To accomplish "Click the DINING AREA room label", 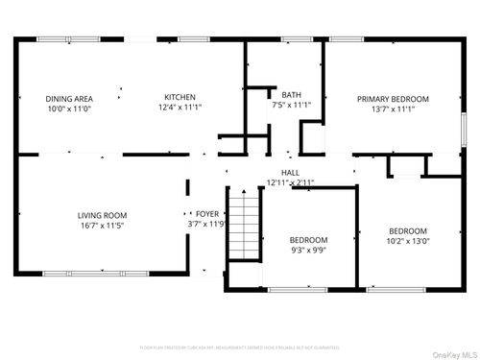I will tap(69, 98).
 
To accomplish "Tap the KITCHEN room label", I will tap(180, 97).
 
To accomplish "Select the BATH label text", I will tap(291, 93).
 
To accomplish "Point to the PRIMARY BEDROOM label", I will tap(393, 99).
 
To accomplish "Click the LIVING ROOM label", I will tap(103, 215).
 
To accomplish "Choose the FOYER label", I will tap(207, 214).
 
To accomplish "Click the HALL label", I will tap(291, 172).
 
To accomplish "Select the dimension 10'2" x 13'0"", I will tap(408, 242).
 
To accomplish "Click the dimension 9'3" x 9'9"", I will tap(309, 251).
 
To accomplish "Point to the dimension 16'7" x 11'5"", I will tap(103, 227).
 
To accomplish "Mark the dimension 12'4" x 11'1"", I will tap(180, 108).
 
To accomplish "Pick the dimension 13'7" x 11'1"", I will tap(393, 109).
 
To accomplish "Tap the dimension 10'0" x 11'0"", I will tap(69, 108).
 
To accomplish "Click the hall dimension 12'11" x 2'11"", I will tap(291, 182).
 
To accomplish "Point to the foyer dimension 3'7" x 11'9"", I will tap(207, 225).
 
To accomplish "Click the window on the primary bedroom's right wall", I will tap(464, 128).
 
